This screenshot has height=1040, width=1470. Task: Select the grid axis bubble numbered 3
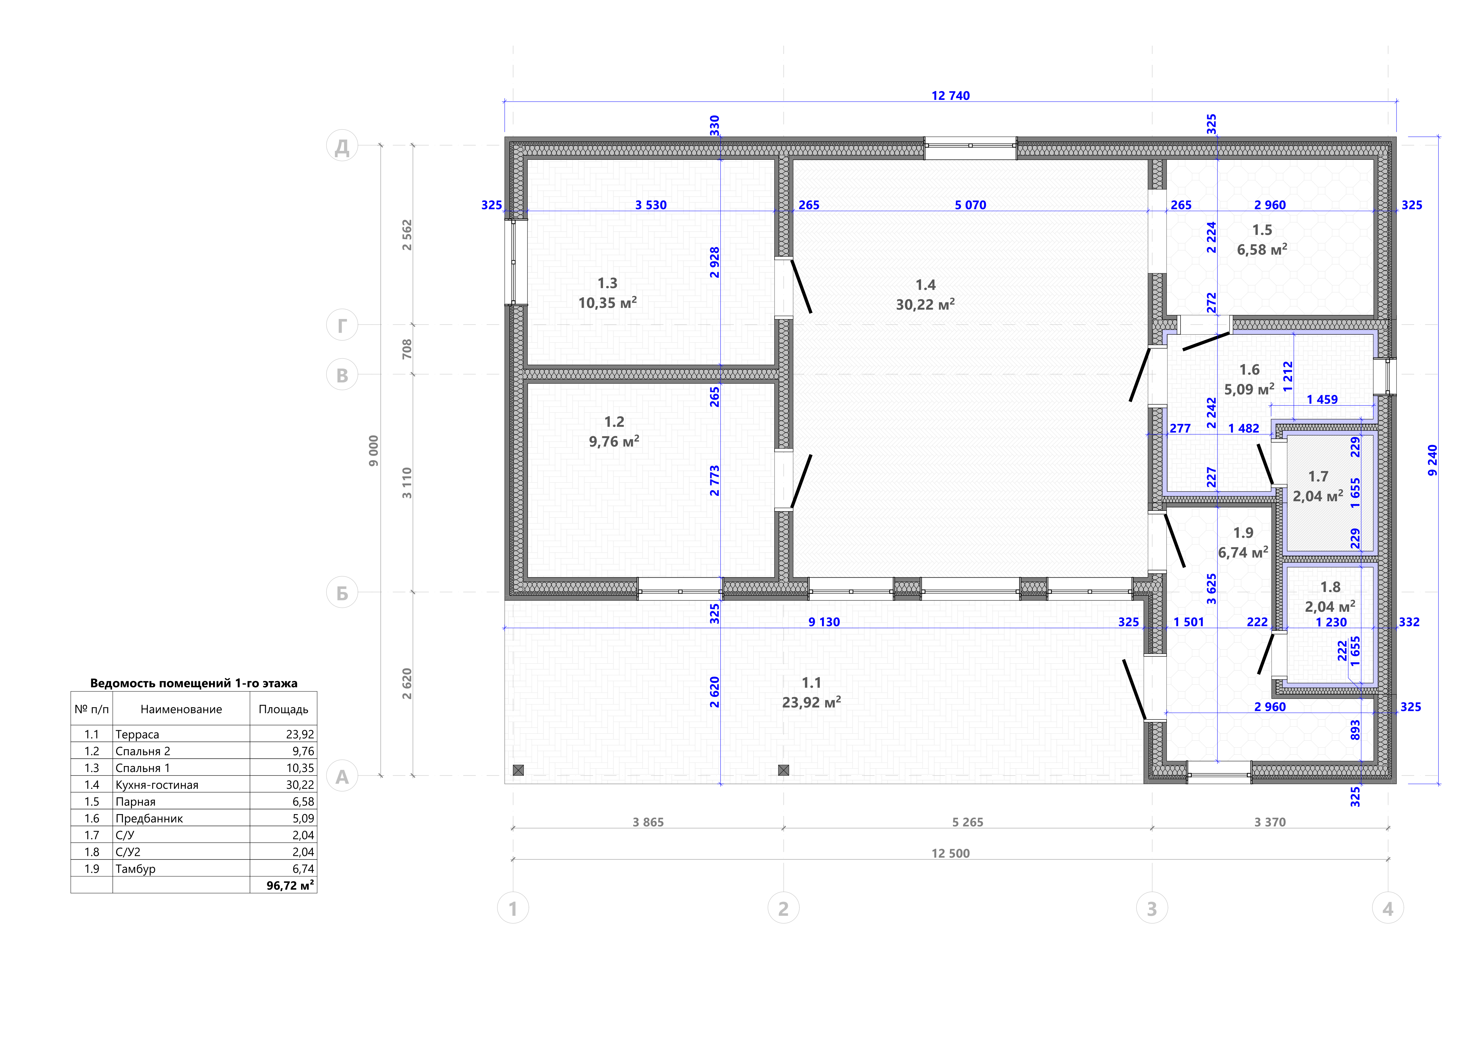[1152, 908]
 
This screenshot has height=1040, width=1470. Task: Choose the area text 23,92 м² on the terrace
[811, 703]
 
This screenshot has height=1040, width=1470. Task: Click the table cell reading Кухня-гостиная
[157, 784]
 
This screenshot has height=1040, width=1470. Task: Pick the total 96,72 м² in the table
[290, 885]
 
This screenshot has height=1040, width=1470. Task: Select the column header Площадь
[283, 709]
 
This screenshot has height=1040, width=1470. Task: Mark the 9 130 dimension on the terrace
[824, 622]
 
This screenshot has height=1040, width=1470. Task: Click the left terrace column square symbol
[518, 771]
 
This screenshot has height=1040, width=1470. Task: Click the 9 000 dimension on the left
[373, 451]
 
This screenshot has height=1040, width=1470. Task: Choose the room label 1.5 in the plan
[1262, 230]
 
